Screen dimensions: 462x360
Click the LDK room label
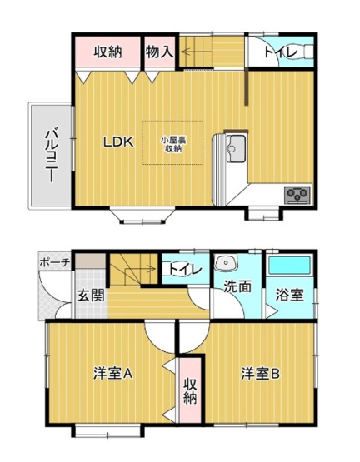tap(117, 142)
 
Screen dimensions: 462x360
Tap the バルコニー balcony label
tap(50, 155)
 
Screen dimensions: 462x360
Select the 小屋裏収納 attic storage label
tap(172, 144)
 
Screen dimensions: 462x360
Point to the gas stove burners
tap(297, 196)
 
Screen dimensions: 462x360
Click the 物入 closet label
tap(159, 52)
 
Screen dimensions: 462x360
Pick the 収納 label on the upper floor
tap(108, 52)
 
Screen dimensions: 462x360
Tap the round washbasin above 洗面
tap(223, 264)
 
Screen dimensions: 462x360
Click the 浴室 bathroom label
tap(289, 295)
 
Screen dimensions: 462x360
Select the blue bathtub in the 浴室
tap(289, 267)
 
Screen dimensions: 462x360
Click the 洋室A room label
tap(112, 374)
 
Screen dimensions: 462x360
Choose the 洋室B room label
tap(261, 374)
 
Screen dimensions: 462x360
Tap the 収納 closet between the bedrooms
tap(191, 390)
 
